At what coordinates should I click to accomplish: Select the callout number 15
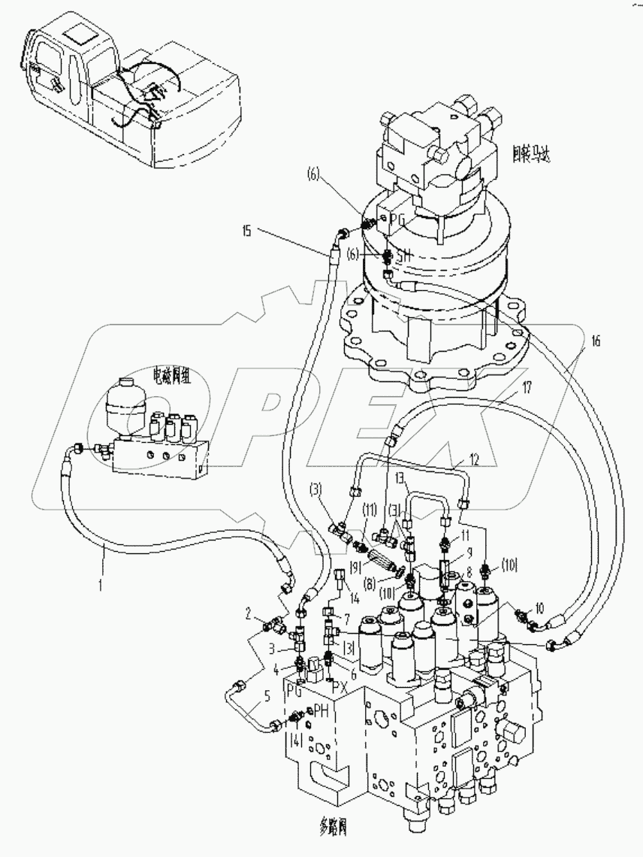coord(246,231)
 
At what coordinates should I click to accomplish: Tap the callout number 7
coord(346,617)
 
